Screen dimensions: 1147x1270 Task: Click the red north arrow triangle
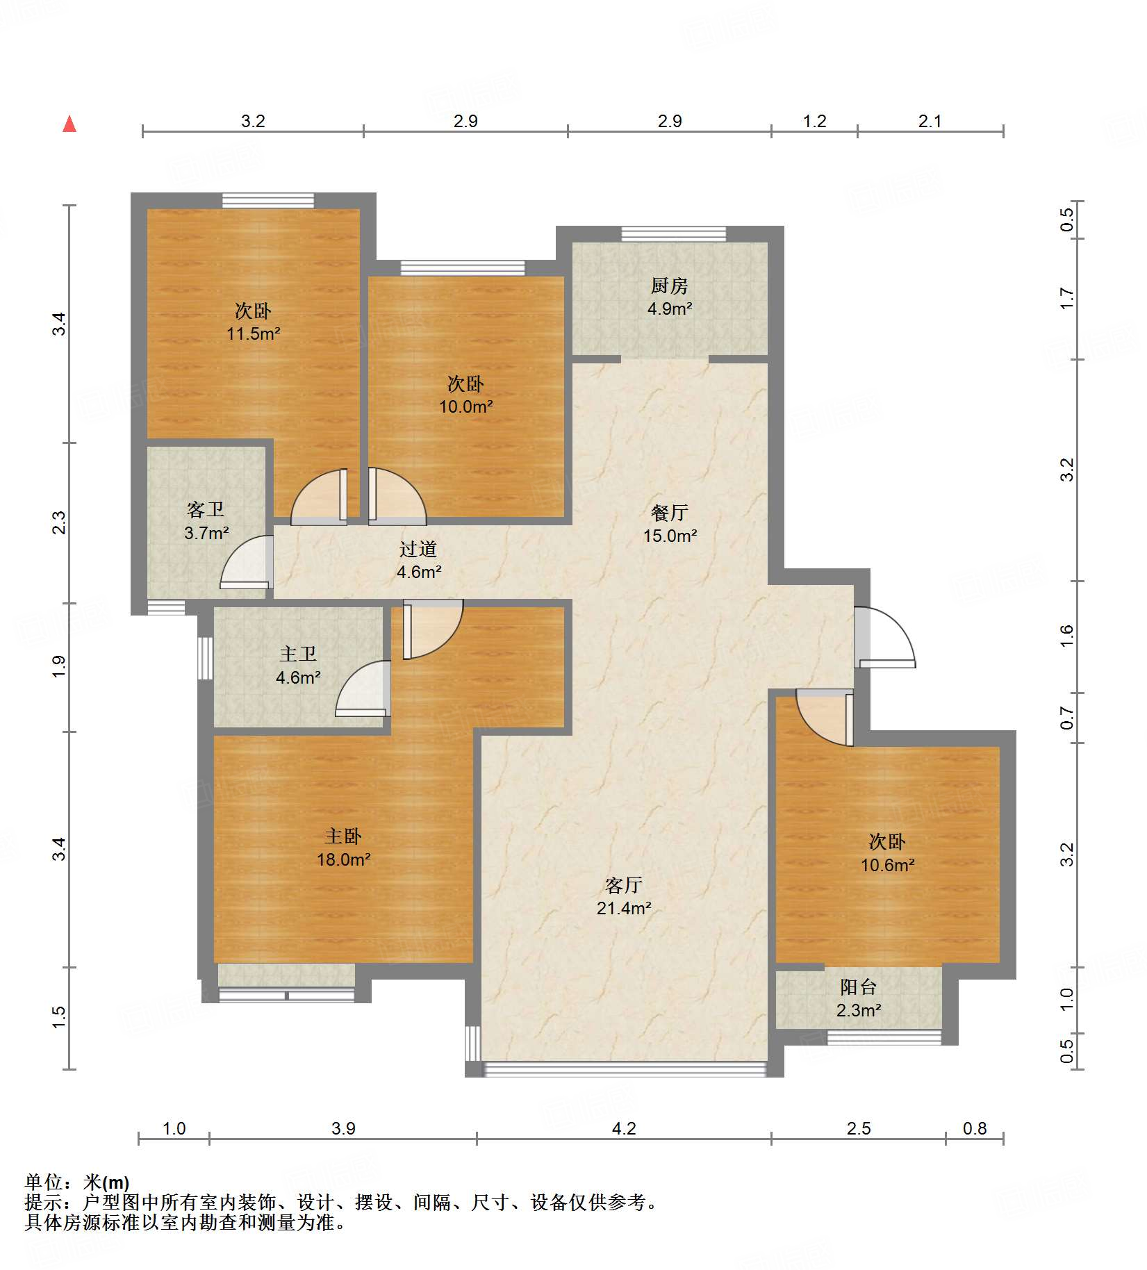point(69,124)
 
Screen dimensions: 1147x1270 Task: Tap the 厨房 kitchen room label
point(670,286)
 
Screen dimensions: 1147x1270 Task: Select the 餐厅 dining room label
point(670,513)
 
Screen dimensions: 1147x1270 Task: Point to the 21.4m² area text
point(624,908)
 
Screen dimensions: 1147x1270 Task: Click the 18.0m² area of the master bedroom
point(344,859)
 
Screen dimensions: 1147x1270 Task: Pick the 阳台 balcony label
point(859,987)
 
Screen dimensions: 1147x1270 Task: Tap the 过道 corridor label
point(418,550)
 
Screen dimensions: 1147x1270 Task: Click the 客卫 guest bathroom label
point(206,510)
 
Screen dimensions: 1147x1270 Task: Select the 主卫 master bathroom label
point(298,654)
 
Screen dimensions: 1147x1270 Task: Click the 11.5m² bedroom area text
point(254,333)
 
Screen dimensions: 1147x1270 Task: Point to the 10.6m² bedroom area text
point(888,865)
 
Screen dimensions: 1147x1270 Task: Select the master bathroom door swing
point(363,688)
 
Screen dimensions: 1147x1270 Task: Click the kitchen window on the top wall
point(674,234)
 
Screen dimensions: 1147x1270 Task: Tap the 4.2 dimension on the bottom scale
point(624,1129)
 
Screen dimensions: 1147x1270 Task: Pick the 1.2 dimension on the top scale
point(815,122)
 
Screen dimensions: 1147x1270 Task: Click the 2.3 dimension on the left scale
point(60,522)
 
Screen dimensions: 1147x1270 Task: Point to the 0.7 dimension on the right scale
point(1067,718)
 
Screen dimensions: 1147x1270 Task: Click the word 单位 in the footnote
point(44,1182)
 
